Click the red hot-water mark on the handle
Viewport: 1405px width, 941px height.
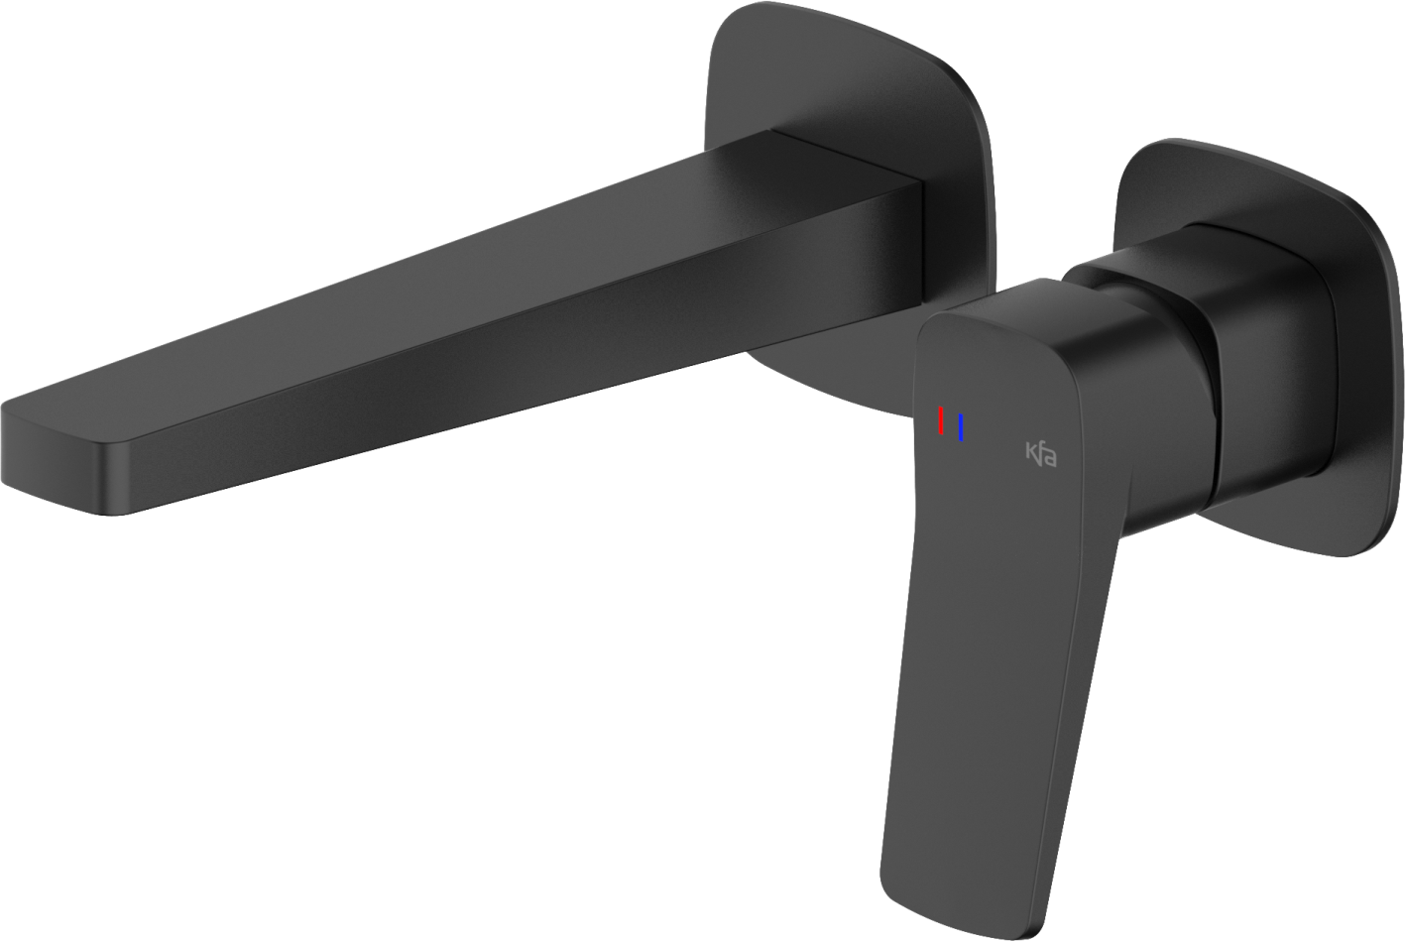tap(940, 421)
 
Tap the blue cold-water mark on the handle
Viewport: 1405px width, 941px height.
tap(961, 427)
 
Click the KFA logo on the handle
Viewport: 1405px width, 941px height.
tap(1040, 454)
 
